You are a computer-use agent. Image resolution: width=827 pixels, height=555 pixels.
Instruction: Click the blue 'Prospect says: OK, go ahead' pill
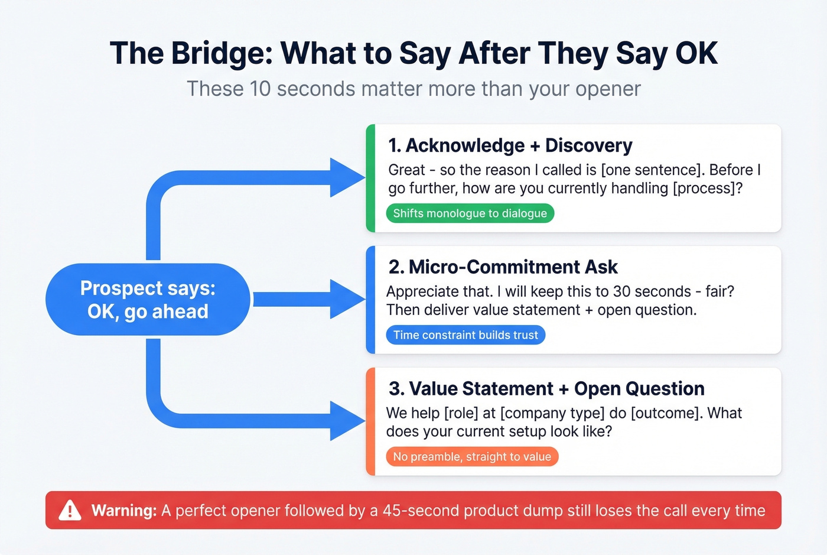pyautogui.click(x=148, y=300)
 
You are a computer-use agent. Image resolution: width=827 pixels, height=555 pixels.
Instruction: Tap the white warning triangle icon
pyautogui.click(x=70, y=510)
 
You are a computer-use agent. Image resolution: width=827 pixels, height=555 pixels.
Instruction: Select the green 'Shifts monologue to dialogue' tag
pyautogui.click(x=470, y=213)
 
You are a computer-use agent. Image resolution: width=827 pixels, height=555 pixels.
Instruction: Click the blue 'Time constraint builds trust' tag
pyautogui.click(x=465, y=335)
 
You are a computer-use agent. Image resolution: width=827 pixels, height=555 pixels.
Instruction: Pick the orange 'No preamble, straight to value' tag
pyautogui.click(x=471, y=457)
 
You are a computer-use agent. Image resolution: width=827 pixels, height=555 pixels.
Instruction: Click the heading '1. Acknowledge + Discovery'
pyautogui.click(x=510, y=145)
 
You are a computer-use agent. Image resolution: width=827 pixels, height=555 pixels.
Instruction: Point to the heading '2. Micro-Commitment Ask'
pyautogui.click(x=503, y=267)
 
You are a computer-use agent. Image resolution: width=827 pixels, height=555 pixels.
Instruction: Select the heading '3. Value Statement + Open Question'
pyautogui.click(x=546, y=389)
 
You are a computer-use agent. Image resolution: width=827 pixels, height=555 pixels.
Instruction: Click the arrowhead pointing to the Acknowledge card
pyautogui.click(x=349, y=177)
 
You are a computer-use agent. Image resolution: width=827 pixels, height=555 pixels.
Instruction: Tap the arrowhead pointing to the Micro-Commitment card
pyautogui.click(x=349, y=299)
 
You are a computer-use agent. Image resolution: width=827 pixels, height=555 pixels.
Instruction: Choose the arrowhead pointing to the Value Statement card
pyautogui.click(x=349, y=421)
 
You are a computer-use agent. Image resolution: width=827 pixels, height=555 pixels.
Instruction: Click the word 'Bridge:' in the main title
pyautogui.click(x=222, y=53)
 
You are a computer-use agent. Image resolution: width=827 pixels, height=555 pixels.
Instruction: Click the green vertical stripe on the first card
pyautogui.click(x=370, y=178)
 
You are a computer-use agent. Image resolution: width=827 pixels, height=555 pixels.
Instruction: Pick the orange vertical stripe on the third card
pyautogui.click(x=370, y=421)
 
